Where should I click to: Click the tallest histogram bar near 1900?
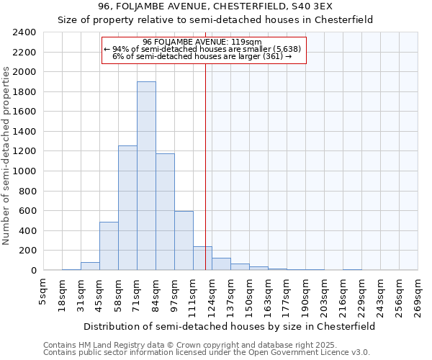(x=146, y=176)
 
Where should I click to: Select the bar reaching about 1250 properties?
(x=127, y=209)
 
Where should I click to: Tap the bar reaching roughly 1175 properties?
(x=165, y=212)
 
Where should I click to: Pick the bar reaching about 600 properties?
(x=184, y=241)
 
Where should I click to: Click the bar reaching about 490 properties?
(x=109, y=246)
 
